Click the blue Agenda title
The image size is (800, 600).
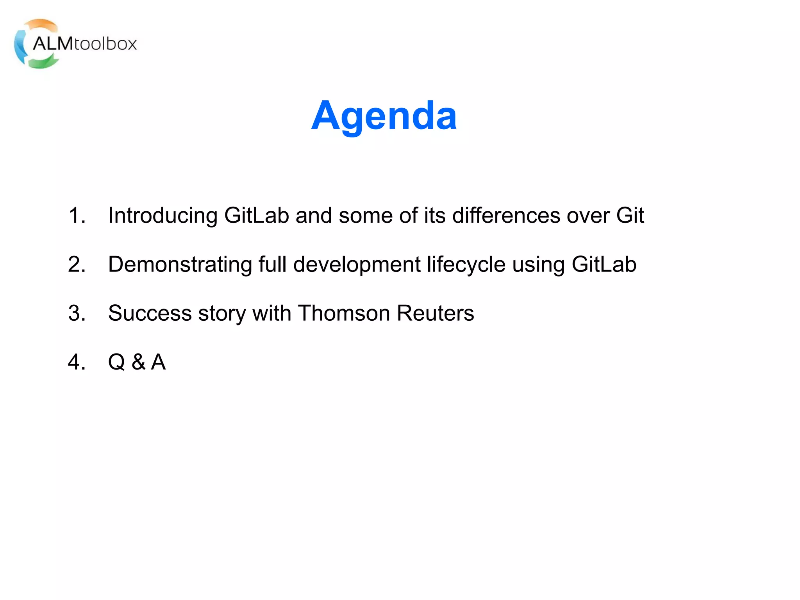pyautogui.click(x=384, y=116)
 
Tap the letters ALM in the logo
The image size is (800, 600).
pyautogui.click(x=52, y=44)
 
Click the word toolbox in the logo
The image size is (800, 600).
pyautogui.click(x=105, y=44)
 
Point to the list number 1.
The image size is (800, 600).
pyautogui.click(x=76, y=215)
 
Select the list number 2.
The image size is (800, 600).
pyautogui.click(x=76, y=264)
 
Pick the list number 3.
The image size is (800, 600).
pyautogui.click(x=76, y=313)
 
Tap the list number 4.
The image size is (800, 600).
pyautogui.click(x=76, y=362)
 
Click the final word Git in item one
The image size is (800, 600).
pyautogui.click(x=630, y=215)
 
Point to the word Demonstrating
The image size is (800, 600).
pyautogui.click(x=180, y=265)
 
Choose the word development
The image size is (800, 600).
pyautogui.click(x=357, y=265)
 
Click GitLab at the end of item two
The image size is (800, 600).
pyautogui.click(x=604, y=264)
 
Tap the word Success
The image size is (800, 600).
pyautogui.click(x=150, y=313)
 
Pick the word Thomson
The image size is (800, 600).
pyautogui.click(x=344, y=313)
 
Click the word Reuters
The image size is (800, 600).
pyautogui.click(x=435, y=313)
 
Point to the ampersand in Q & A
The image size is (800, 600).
pyautogui.click(x=138, y=362)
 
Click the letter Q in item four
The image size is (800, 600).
pyautogui.click(x=116, y=362)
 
